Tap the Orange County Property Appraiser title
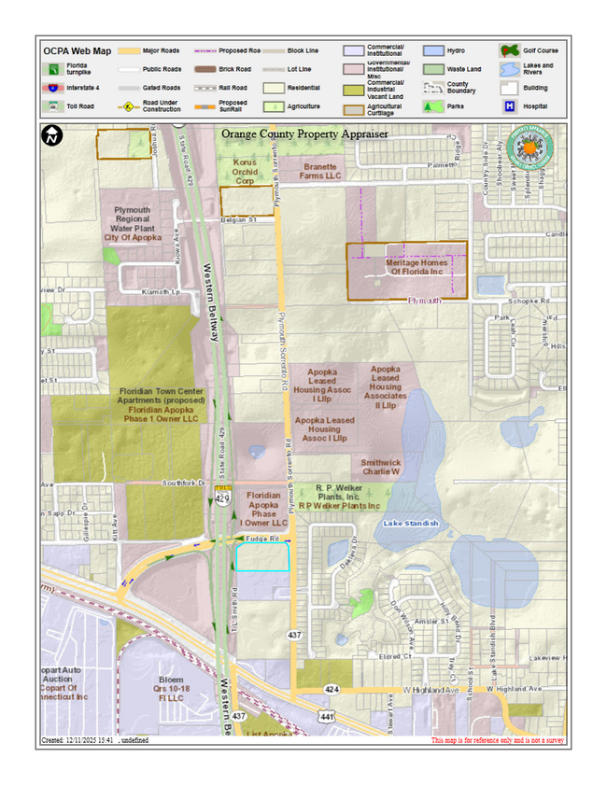(304, 134)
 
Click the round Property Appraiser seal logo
(529, 148)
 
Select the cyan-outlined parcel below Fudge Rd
(261, 557)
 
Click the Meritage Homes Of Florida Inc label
(416, 267)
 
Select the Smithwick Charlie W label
(381, 467)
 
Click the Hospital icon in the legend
(510, 106)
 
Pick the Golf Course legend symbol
(509, 49)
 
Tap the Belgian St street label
(238, 220)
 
